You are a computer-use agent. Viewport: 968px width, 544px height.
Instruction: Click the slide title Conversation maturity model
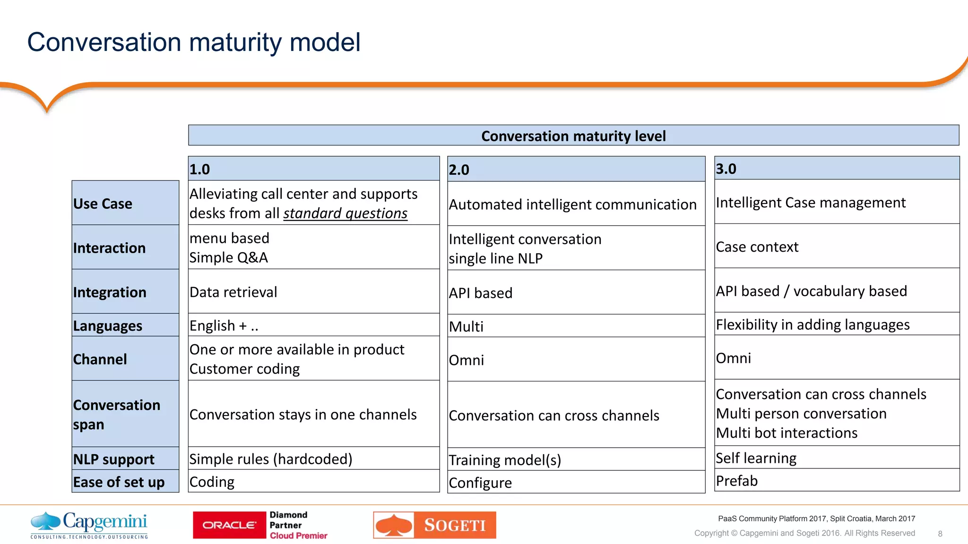click(x=194, y=42)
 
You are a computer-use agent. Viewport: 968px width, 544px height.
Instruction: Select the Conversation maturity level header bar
click(x=573, y=136)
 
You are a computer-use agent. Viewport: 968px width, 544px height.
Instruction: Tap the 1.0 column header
click(x=313, y=169)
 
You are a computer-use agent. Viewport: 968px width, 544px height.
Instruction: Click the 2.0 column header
click(x=576, y=170)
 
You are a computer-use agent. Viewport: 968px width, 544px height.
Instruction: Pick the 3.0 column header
click(x=837, y=169)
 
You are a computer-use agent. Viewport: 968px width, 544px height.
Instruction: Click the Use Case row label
click(x=103, y=204)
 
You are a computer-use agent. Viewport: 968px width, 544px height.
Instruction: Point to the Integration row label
click(x=110, y=292)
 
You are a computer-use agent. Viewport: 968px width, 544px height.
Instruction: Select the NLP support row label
click(x=114, y=459)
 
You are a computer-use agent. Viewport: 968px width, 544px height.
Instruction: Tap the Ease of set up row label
click(x=119, y=482)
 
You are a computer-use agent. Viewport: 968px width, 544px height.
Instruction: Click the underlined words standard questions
click(x=345, y=213)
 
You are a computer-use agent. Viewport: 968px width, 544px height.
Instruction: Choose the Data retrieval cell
click(x=233, y=292)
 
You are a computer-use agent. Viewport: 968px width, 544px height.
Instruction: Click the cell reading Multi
click(x=467, y=326)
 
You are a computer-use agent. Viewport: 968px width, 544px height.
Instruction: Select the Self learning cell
click(x=756, y=458)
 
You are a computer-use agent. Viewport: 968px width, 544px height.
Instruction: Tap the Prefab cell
click(x=737, y=481)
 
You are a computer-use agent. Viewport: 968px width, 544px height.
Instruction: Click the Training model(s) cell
click(x=505, y=460)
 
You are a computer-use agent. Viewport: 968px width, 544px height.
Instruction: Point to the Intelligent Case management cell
click(x=811, y=203)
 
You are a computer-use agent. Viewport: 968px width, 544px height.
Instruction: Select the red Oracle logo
click(x=230, y=525)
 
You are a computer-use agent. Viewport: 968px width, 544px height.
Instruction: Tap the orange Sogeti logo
click(x=434, y=525)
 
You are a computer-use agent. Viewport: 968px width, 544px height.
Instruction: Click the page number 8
click(x=940, y=534)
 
